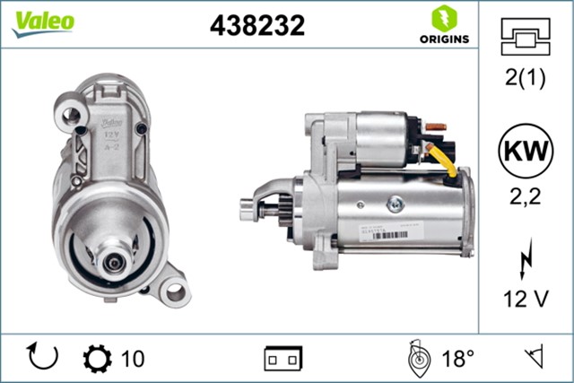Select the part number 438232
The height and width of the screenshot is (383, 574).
point(257,26)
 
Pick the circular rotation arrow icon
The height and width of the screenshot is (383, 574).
point(43,357)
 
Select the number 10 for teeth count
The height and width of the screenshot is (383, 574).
point(131,359)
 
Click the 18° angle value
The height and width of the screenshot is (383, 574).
point(457,359)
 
